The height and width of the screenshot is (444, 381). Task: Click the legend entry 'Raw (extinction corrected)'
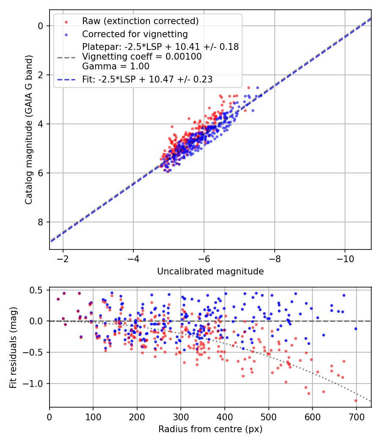click(x=140, y=21)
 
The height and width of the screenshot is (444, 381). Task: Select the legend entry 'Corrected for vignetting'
click(x=135, y=34)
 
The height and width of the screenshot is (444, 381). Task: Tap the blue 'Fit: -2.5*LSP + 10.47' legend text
click(x=147, y=79)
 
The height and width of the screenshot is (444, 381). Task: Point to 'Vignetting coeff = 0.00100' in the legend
click(x=142, y=57)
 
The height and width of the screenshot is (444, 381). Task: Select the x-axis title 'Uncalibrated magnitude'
click(x=210, y=271)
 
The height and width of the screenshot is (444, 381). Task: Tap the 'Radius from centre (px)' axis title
click(x=210, y=429)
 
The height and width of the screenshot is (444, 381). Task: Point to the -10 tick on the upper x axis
click(x=345, y=258)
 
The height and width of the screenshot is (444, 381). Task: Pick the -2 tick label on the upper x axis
click(x=63, y=258)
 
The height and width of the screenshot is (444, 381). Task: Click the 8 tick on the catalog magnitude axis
click(x=41, y=222)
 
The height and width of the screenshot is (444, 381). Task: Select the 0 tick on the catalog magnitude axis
click(x=41, y=26)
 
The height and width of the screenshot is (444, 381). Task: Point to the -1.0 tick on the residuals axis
click(x=35, y=384)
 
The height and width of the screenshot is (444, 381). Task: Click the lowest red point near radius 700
click(x=356, y=400)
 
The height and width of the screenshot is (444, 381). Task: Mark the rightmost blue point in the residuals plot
click(x=356, y=329)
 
